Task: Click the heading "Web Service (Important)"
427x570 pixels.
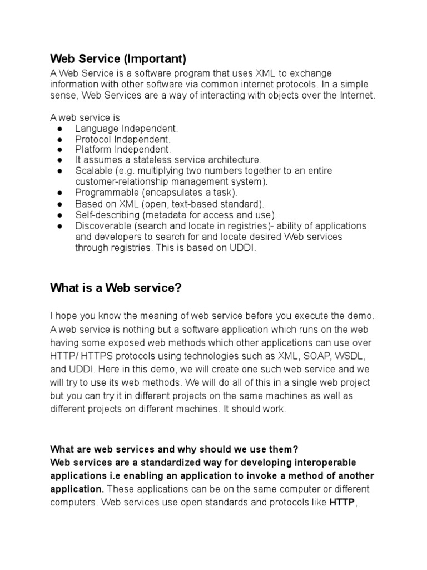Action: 118,58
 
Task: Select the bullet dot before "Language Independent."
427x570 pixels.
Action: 59,129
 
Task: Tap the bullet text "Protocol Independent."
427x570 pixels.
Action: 123,139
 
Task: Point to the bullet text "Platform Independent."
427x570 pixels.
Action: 123,150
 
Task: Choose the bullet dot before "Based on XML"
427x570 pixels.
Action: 59,204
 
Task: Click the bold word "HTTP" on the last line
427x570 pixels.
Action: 342,503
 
